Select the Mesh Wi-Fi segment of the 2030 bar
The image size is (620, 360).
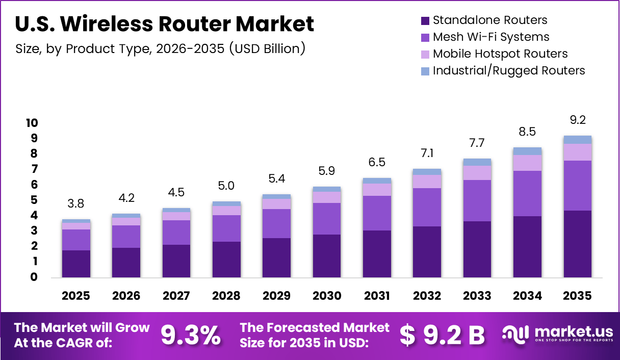click(327, 219)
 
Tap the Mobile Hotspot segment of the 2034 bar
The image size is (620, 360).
click(527, 163)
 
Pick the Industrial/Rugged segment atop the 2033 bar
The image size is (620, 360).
click(477, 162)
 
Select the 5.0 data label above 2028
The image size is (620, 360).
click(226, 186)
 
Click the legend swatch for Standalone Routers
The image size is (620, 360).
click(425, 21)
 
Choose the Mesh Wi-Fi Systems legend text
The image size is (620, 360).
click(491, 37)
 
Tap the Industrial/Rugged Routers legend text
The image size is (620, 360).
click(509, 70)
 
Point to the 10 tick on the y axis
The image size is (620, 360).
click(32, 123)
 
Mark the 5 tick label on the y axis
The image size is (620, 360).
click(35, 200)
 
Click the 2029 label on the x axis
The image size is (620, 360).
click(276, 296)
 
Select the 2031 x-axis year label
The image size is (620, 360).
click(377, 296)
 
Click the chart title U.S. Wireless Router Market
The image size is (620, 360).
click(165, 24)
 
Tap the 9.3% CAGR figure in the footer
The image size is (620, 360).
click(191, 335)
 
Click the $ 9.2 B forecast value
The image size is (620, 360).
click(442, 335)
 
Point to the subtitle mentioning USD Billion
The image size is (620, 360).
click(161, 49)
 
